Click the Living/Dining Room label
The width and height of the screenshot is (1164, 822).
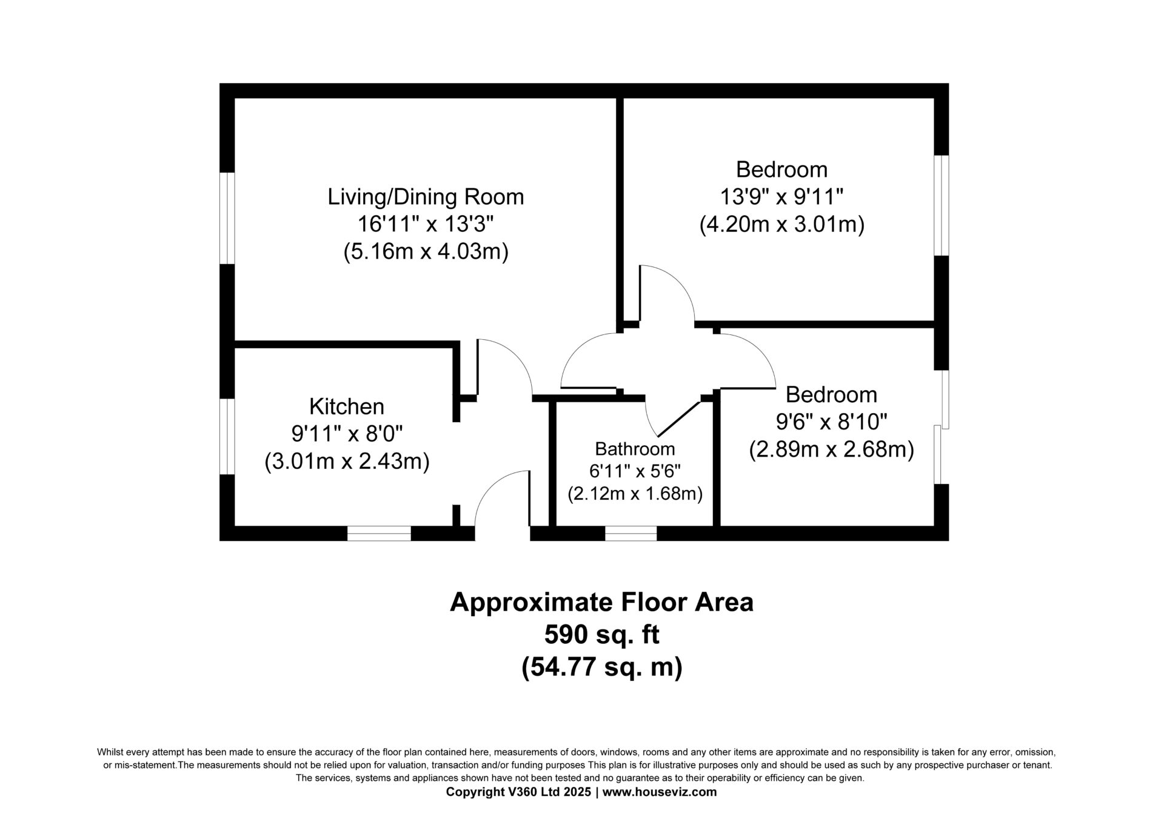tap(426, 197)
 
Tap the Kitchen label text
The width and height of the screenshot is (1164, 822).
tap(347, 406)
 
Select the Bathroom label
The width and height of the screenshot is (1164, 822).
tap(635, 449)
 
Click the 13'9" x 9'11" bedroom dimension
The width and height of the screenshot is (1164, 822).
tap(781, 197)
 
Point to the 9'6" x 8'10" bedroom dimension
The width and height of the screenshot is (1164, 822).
tap(831, 422)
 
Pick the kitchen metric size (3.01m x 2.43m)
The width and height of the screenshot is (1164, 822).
tap(347, 462)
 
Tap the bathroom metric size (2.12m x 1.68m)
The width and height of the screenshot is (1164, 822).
tap(635, 494)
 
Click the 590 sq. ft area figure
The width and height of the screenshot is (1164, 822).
tap(601, 635)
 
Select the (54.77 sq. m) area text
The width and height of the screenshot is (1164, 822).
tap(601, 667)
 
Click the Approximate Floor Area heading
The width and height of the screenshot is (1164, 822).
tap(601, 603)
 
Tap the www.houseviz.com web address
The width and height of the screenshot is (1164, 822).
tap(660, 792)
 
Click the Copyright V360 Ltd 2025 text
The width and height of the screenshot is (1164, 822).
tap(518, 792)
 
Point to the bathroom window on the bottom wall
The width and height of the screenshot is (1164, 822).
tap(630, 533)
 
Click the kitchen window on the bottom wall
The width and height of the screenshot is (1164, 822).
tap(379, 533)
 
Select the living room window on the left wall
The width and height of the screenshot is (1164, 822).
tap(227, 218)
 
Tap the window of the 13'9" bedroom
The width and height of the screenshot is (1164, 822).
tap(941, 205)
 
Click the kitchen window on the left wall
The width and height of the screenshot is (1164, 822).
tap(227, 436)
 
